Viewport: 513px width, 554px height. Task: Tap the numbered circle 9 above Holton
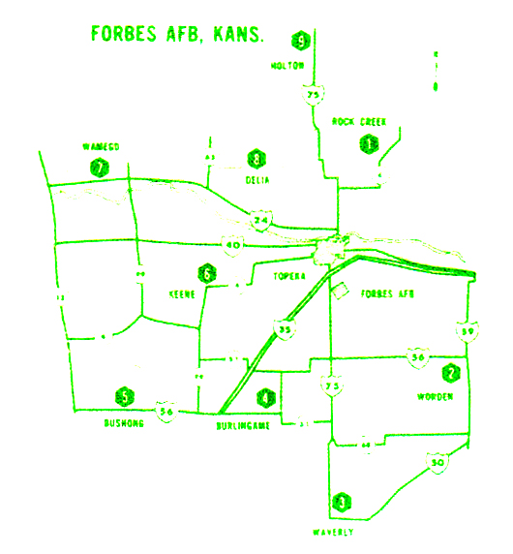302,41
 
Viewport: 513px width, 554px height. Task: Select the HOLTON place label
288,65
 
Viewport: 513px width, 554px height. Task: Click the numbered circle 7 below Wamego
99,167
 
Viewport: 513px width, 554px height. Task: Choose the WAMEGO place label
100,146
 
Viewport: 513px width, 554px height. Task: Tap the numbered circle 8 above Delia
256,159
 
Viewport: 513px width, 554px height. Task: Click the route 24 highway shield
260,221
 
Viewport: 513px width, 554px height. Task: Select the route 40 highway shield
232,246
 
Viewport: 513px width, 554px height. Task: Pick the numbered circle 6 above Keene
205,273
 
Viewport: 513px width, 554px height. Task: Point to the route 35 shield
285,331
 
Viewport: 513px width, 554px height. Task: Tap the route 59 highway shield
468,331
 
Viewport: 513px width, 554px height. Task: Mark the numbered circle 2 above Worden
450,373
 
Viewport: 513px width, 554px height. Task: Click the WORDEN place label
435,396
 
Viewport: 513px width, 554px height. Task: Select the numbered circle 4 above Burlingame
266,396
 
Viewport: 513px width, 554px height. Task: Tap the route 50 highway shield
438,463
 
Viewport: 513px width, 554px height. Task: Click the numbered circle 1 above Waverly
340,503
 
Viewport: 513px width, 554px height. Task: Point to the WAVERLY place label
334,533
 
